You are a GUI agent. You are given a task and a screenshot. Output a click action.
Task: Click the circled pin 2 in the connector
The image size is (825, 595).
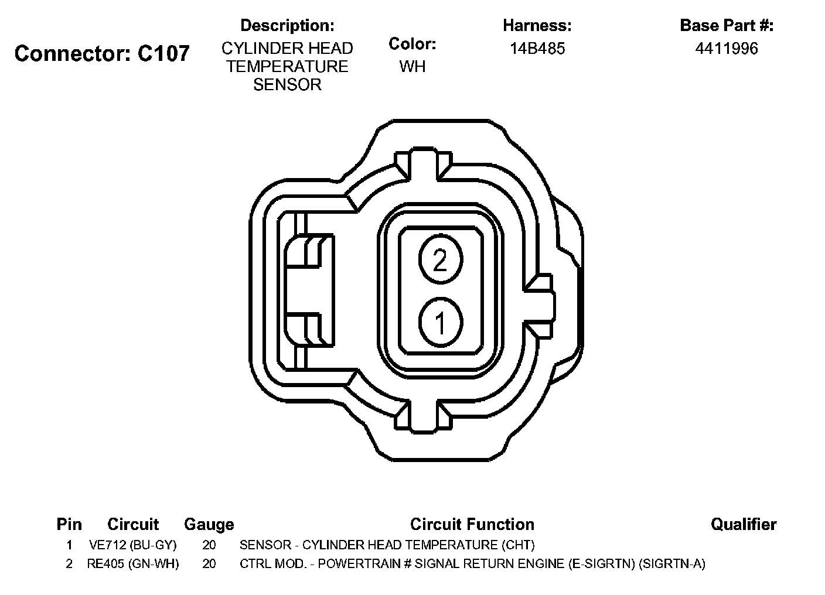(441, 259)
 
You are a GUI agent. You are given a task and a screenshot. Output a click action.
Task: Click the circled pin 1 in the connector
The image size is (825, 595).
(441, 323)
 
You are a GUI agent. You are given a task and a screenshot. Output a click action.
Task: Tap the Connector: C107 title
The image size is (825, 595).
(102, 53)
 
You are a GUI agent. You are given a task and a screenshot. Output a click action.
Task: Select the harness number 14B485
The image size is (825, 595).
(537, 49)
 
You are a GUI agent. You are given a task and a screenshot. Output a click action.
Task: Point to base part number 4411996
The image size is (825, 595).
(727, 49)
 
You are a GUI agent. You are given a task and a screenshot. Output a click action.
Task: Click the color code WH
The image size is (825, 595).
(412, 67)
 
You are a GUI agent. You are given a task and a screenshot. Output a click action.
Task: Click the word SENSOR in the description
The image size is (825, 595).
(287, 85)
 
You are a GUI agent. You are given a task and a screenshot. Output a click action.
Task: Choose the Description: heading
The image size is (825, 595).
(287, 25)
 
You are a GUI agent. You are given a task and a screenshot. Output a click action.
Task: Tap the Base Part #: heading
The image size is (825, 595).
(727, 25)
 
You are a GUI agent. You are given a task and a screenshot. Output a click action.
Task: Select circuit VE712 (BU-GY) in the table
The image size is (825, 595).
(133, 545)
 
